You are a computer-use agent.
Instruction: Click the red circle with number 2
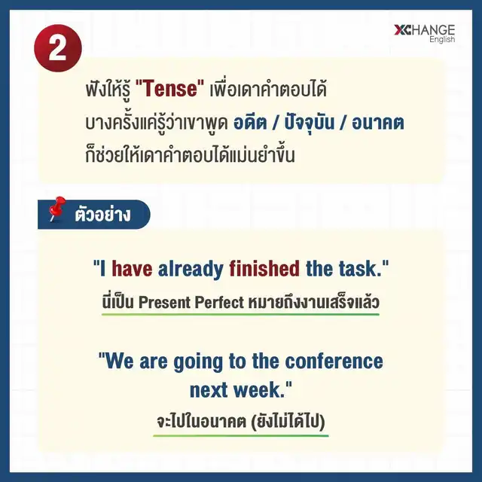click(58, 48)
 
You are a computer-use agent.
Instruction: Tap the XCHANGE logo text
click(424, 30)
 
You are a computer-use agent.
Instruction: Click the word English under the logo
click(442, 40)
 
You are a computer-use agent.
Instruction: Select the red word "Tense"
click(169, 89)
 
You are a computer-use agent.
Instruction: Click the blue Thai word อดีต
click(250, 123)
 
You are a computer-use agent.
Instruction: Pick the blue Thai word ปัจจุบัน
click(309, 122)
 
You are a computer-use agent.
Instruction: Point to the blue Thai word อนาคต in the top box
click(378, 123)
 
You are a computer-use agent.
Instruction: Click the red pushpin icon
click(57, 209)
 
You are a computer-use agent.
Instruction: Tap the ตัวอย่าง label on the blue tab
click(102, 214)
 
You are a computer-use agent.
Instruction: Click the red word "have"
click(132, 268)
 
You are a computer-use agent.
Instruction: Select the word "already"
click(191, 270)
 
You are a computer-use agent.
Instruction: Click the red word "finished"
click(264, 268)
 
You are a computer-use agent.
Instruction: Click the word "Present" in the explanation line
click(165, 302)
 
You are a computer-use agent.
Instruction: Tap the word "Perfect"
click(219, 302)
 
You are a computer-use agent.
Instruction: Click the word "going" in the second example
click(198, 361)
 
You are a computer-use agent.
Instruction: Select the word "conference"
click(334, 361)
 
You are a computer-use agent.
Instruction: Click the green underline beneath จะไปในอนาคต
click(241, 435)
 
